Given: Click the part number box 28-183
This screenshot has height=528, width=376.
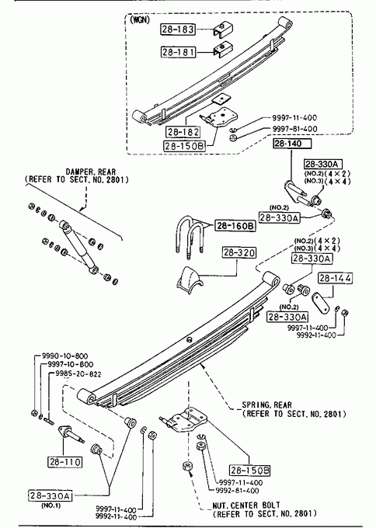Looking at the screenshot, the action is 178,30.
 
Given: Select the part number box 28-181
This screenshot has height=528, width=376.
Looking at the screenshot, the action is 178,52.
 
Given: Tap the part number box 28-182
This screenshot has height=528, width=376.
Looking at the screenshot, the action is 183,132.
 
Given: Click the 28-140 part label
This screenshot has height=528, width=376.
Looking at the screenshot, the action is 292,144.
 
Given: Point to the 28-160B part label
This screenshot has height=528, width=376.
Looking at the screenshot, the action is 235,226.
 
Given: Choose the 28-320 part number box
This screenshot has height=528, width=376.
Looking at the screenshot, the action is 238,252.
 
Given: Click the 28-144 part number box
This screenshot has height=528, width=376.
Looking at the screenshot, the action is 336,278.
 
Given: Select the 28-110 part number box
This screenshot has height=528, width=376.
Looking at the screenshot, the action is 64,462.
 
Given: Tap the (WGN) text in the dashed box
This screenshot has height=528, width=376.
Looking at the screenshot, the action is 140,19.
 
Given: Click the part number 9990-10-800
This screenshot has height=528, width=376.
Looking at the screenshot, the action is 64,356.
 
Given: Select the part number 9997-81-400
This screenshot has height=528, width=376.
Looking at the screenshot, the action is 294,129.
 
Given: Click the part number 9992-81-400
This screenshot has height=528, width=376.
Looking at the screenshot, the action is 237,491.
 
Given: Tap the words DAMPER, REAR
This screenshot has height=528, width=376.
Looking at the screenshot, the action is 91,172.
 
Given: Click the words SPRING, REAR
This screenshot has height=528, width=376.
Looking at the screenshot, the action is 266,405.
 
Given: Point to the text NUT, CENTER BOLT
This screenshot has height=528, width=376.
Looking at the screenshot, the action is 246,505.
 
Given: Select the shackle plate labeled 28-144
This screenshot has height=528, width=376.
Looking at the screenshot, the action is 321,304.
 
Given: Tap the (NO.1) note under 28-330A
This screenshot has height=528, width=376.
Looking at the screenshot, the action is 50,505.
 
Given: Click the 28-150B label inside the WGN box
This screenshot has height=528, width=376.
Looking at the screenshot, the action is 184,146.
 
